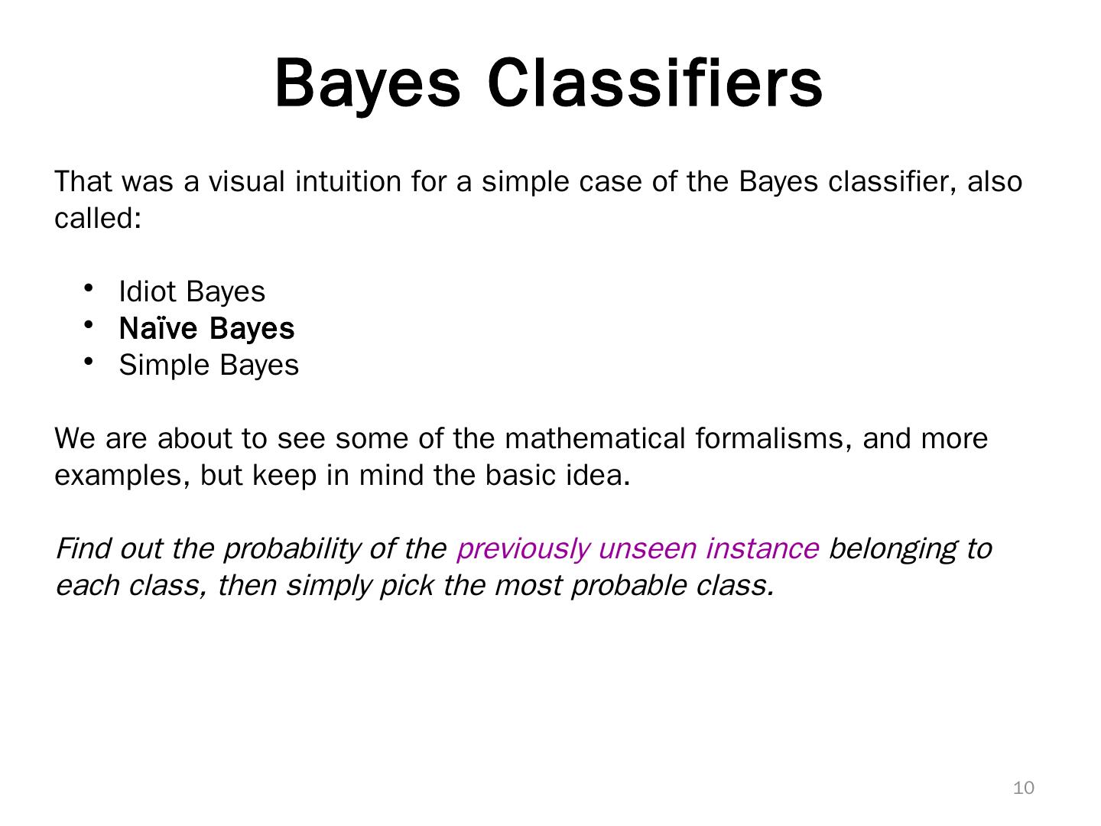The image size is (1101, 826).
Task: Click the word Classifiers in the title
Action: pos(655,83)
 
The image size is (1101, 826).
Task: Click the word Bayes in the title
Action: pos(368,83)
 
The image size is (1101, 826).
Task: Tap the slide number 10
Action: pos(1023,788)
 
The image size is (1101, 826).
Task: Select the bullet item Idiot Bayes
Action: pos(192,291)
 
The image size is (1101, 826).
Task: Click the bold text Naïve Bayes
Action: pos(206,328)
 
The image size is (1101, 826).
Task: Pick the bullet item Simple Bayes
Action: pos(209,365)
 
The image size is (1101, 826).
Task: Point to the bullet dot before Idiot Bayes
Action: pos(89,288)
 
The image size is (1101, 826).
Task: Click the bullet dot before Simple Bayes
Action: pos(89,361)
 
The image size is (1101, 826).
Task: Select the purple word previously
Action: pos(522,548)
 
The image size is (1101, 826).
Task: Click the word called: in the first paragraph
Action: pos(98,219)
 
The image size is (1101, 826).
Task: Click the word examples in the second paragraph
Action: pos(122,476)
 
